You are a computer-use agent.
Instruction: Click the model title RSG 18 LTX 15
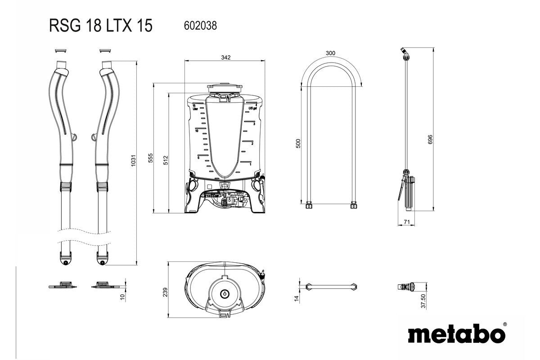click(101, 26)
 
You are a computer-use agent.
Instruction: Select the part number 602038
click(200, 26)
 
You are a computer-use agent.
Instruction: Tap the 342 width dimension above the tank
click(226, 57)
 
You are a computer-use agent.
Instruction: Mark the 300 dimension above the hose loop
click(330, 53)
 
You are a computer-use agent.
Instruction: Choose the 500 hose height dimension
click(298, 144)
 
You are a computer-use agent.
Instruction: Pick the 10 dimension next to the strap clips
click(122, 297)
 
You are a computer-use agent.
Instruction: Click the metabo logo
click(456, 334)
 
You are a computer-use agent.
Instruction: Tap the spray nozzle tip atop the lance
click(404, 50)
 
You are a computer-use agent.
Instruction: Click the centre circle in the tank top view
click(224, 293)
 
